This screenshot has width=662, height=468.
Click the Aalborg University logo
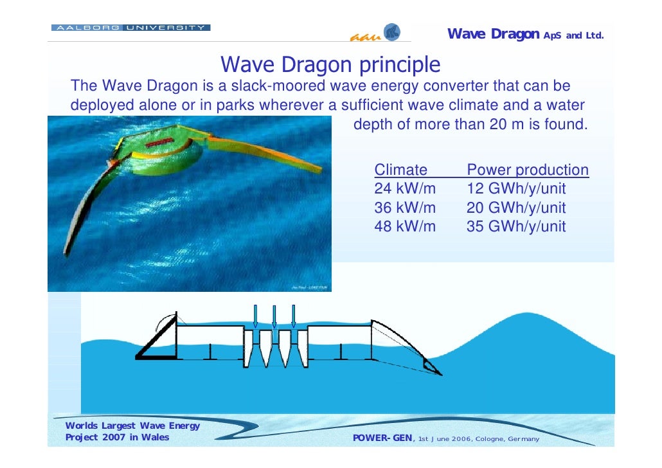[x=130, y=28]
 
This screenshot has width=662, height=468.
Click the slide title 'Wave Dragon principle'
[x=330, y=65]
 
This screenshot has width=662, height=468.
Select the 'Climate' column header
[x=400, y=170]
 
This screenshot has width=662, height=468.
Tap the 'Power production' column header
[x=527, y=170]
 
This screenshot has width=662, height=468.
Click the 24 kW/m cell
[x=405, y=189]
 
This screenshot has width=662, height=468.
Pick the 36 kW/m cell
[x=405, y=208]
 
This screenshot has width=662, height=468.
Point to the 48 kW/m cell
[x=405, y=226]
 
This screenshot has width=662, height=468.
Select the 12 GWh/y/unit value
[x=516, y=189]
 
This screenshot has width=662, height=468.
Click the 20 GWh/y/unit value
[x=516, y=208]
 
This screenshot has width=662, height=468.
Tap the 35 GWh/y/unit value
[x=516, y=226]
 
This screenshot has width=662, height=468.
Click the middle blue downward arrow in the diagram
[x=274, y=316]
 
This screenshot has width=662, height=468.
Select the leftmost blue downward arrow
[x=255, y=316]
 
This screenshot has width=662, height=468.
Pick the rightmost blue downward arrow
[x=294, y=316]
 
